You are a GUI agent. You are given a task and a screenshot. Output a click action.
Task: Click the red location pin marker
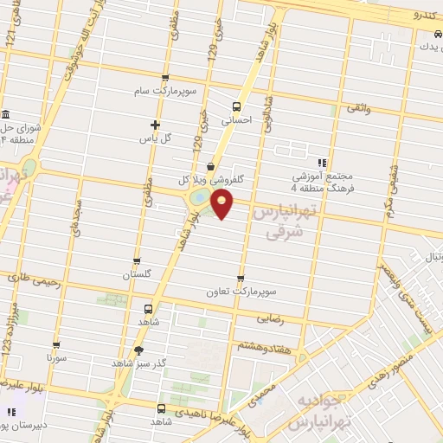[x=223, y=204]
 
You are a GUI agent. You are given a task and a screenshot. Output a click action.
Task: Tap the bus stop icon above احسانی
[x=237, y=106]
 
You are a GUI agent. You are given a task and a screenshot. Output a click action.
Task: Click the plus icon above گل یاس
[x=155, y=125]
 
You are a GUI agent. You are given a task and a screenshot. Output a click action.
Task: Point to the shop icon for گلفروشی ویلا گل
[x=212, y=167]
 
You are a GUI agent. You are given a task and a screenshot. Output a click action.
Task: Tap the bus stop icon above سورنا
[x=56, y=343]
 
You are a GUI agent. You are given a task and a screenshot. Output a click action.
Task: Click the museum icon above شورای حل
[x=6, y=114]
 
